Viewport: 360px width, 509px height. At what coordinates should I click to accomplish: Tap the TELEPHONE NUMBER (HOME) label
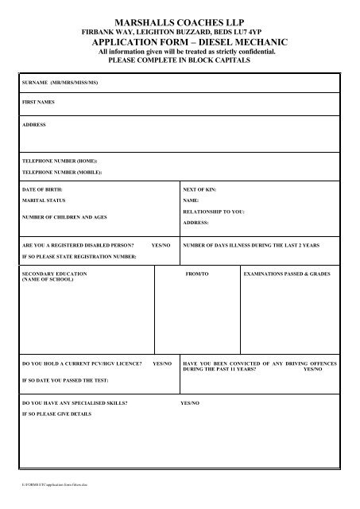(60, 161)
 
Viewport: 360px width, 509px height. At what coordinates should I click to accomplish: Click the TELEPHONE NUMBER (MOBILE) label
(62, 172)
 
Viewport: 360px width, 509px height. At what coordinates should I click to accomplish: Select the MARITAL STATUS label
(45, 202)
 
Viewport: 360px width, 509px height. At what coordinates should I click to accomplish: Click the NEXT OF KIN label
(199, 191)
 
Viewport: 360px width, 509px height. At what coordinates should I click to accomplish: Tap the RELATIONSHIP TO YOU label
(214, 213)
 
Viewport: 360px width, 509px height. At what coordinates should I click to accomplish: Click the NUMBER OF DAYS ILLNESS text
(251, 246)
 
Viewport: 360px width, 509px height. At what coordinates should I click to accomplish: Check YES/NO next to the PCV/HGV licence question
(163, 363)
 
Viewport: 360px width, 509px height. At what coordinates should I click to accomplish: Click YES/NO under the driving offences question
(313, 369)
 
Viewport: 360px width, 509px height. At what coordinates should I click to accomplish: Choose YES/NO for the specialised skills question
(190, 404)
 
